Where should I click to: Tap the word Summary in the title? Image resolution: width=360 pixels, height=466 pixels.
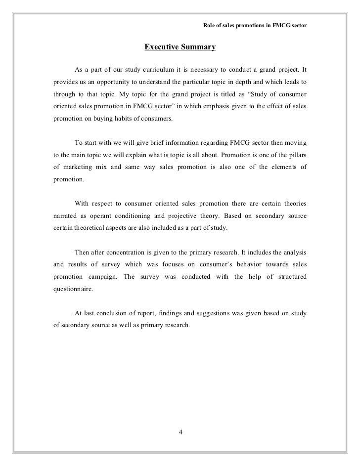pos(198,47)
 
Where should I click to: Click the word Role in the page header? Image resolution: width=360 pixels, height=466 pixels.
pos(210,26)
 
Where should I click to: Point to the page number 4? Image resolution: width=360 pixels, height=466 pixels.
pos(180,433)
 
